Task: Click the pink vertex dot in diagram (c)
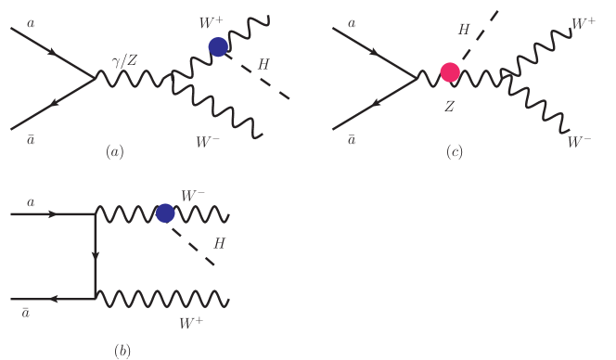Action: click(450, 72)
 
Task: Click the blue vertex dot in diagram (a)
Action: click(218, 46)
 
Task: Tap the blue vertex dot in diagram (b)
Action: click(165, 213)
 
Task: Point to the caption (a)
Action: click(115, 150)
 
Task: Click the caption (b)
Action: click(122, 350)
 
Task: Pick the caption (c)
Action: click(454, 151)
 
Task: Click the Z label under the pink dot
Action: click(449, 107)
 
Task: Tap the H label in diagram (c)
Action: click(464, 31)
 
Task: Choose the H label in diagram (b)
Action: click(220, 243)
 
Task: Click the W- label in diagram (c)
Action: click(580, 142)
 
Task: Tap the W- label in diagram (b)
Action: click(194, 196)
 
